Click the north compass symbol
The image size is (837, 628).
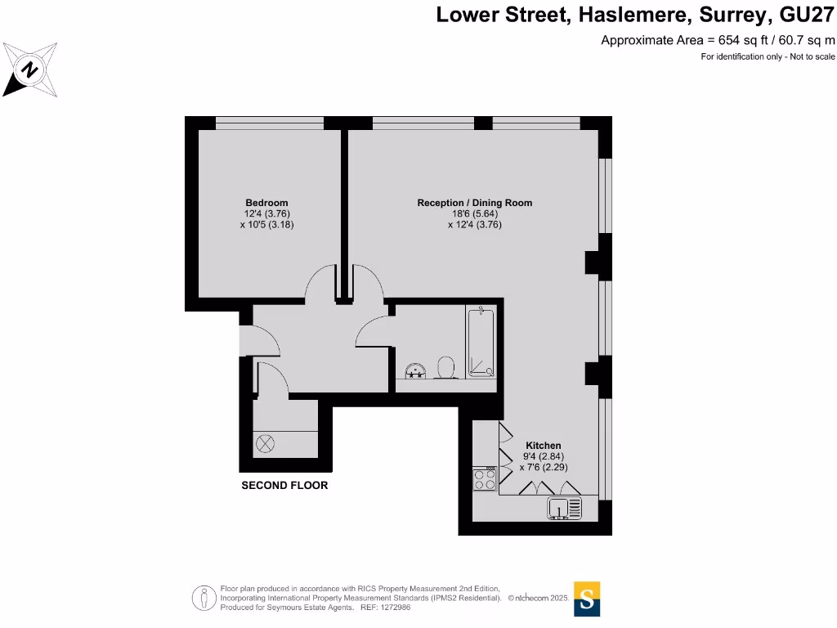coord(29,70)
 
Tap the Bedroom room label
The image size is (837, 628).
coord(266,203)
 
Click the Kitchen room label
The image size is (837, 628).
coord(543,446)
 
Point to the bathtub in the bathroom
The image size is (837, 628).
coord(481,343)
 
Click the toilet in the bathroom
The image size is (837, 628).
coord(446,367)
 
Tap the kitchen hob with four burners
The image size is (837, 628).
coord(485,478)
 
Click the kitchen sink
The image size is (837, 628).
coord(564,509)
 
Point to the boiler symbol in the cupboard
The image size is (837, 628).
coord(266,444)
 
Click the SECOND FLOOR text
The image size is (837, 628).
coord(284,486)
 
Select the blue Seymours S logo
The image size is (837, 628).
coord(587,599)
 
